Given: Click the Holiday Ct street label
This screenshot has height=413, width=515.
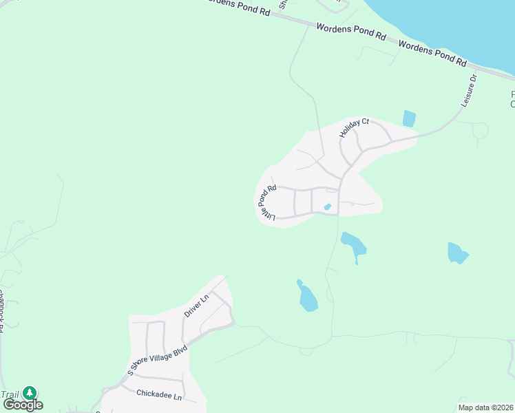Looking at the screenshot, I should click(354, 128).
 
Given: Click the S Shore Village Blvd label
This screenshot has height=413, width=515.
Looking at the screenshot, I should click(157, 360).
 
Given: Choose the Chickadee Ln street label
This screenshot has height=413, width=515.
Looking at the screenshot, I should click(158, 396).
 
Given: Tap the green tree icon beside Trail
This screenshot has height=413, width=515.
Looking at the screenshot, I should click(29, 393).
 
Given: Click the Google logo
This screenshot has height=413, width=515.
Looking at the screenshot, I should click(22, 405).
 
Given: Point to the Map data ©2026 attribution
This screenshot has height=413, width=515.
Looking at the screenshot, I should click(485, 407).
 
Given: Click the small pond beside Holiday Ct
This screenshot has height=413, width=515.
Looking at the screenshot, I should click(409, 118).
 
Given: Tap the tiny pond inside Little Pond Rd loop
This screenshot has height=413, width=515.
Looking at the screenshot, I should click(328, 206).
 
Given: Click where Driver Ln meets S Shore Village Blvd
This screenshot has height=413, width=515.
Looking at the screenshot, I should click(185, 341).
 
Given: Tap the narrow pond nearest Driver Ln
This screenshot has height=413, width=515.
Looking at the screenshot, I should click(307, 297).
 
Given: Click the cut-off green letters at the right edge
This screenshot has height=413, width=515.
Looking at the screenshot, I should click(512, 99).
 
